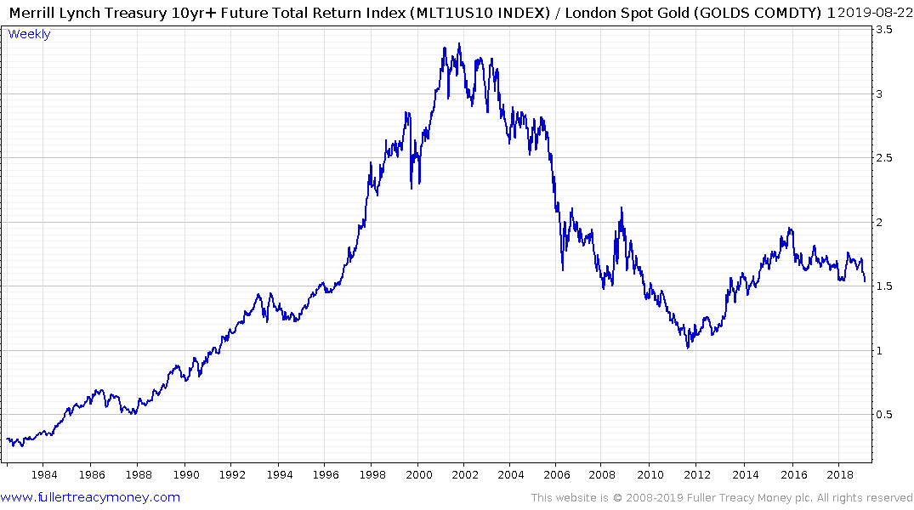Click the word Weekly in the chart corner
(x=29, y=34)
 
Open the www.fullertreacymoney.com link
(x=90, y=497)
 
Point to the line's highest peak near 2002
(x=459, y=43)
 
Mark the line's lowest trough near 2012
(x=688, y=348)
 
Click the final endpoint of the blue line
(x=865, y=281)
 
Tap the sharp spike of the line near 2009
(x=622, y=207)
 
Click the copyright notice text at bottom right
(x=722, y=497)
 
